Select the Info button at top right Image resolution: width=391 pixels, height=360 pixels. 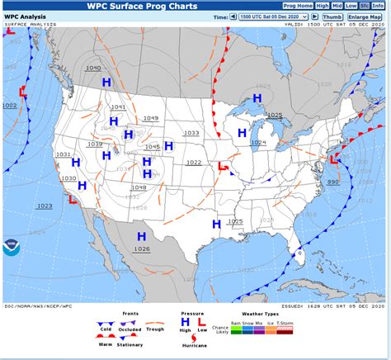coord(377,6)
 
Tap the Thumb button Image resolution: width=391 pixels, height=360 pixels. coord(332,17)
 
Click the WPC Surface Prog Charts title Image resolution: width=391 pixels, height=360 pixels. coord(143,6)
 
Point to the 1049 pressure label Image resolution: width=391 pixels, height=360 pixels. coord(150,118)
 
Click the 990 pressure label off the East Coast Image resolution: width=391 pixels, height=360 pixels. coord(332,182)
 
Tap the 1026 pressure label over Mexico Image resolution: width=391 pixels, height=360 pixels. coord(142,249)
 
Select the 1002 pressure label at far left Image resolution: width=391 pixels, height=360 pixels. coord(9,106)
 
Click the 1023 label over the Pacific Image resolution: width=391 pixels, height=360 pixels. coord(45,206)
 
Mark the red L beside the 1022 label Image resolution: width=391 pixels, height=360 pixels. coord(222,167)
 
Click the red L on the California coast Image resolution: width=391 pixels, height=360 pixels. coord(73,199)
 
